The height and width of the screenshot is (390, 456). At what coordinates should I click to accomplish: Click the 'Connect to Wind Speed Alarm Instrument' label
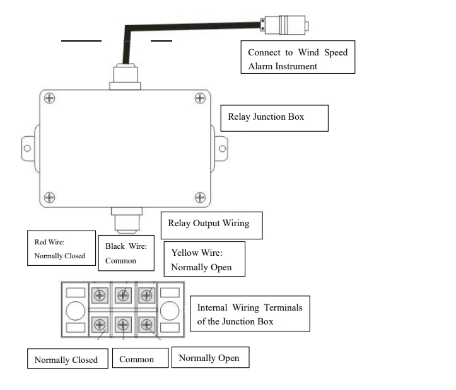[x=298, y=59]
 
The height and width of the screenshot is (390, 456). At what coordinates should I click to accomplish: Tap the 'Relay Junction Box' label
[x=274, y=118]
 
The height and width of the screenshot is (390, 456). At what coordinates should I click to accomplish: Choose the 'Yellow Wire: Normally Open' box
[x=204, y=260]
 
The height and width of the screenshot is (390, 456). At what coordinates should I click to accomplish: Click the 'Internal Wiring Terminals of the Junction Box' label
[x=250, y=314]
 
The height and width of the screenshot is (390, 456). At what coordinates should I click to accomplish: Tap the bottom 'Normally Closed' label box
[x=66, y=360]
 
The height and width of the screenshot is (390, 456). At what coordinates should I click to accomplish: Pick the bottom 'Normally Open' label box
[x=209, y=358]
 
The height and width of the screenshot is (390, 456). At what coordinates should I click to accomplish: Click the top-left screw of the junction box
[x=49, y=98]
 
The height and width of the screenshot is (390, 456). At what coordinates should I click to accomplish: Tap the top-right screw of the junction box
[x=200, y=98]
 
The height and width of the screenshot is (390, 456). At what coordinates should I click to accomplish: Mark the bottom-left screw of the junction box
[x=49, y=197]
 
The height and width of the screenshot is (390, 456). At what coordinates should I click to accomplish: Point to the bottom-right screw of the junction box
[x=200, y=197]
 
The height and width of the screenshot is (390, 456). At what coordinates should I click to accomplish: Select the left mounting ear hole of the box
[x=27, y=148]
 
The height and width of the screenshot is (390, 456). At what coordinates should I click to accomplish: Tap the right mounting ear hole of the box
[x=222, y=148]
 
